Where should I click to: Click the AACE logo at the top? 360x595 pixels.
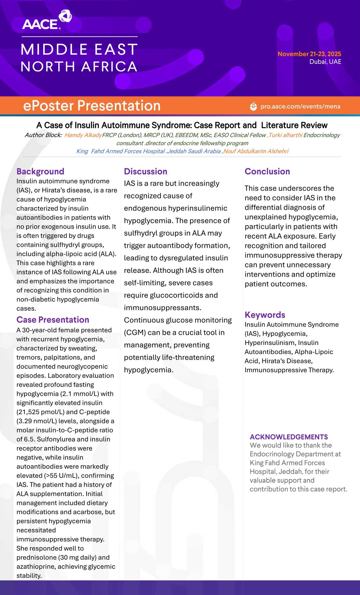pos(47,20)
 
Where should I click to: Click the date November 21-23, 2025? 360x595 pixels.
pos(309,54)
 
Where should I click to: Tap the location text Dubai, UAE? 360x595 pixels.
pos(325,62)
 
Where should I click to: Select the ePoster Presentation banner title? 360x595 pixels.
pos(92,106)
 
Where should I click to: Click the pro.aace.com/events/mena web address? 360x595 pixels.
pos(300,107)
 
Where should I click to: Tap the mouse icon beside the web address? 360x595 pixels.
pos(253,106)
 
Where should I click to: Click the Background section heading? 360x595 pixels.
pos(40,171)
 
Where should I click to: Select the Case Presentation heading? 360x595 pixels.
pos(53,320)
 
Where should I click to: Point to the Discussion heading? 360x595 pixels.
pos(146,171)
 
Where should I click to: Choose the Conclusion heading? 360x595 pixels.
pos(267,171)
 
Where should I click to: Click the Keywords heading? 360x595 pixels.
pos(265,315)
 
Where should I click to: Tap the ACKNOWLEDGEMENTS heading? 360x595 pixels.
pos(289,437)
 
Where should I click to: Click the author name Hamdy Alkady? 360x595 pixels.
pos(83,135)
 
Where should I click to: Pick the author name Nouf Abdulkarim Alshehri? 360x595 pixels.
pos(256,151)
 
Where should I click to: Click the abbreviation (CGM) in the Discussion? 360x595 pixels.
pos(135,333)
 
